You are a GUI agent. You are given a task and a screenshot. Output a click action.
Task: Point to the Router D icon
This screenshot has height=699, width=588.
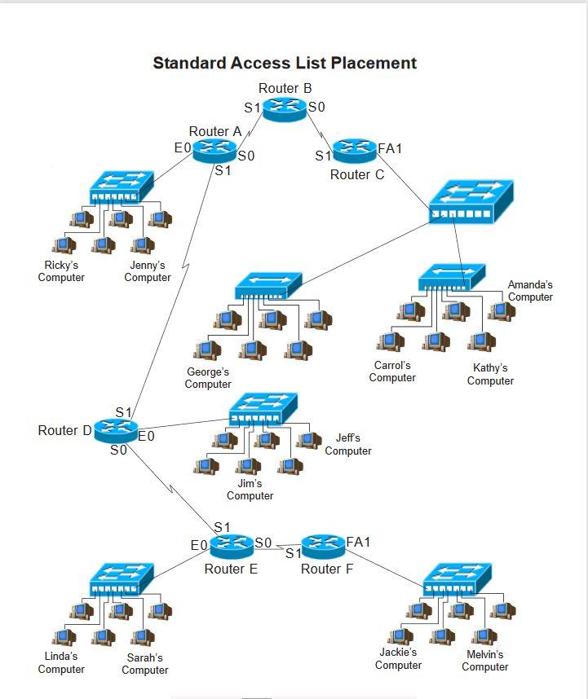pyautogui.click(x=116, y=429)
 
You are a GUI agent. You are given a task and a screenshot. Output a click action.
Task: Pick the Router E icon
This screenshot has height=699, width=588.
pyautogui.click(x=232, y=545)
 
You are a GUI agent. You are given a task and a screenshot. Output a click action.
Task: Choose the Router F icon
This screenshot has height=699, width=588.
pyautogui.click(x=323, y=545)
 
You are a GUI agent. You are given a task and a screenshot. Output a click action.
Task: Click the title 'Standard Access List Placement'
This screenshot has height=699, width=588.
pyautogui.click(x=285, y=63)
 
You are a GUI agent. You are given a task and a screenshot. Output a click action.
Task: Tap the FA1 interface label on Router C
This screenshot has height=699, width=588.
pyautogui.click(x=390, y=149)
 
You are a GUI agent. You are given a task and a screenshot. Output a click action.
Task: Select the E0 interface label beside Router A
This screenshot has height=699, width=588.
pyautogui.click(x=183, y=147)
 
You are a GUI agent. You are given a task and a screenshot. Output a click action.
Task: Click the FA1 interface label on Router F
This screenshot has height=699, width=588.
pyautogui.click(x=358, y=542)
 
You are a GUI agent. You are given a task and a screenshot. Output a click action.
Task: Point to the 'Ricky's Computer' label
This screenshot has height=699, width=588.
pyautogui.click(x=61, y=271)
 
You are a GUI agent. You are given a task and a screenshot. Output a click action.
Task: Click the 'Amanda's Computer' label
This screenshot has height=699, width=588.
pyautogui.click(x=530, y=291)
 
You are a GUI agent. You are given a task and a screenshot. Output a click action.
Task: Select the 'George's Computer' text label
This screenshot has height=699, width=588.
pyautogui.click(x=208, y=378)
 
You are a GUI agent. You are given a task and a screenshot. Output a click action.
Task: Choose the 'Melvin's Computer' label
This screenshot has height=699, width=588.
pyautogui.click(x=484, y=661)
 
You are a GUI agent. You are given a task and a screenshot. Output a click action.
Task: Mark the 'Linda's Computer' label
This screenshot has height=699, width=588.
pyautogui.click(x=61, y=662)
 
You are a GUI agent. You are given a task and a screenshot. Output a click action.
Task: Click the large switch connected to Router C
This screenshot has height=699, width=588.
pyautogui.click(x=471, y=202)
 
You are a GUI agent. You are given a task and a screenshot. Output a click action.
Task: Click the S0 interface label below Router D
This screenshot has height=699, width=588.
pyautogui.click(x=118, y=450)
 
